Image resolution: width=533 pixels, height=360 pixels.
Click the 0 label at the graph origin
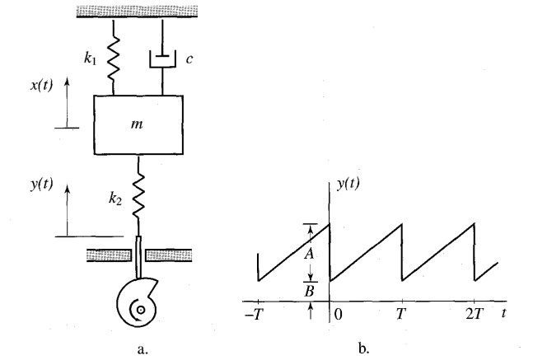pos(338,316)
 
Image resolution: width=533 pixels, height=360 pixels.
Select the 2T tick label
pos(475,316)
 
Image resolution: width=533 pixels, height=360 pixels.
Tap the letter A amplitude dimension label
pos(308,254)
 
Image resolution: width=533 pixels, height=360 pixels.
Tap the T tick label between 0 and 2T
pos(401,316)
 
